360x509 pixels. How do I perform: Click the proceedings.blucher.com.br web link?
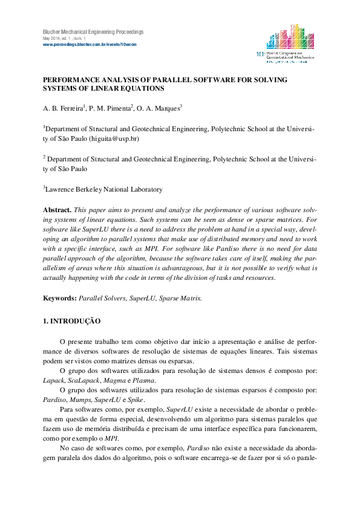click(x=90, y=44)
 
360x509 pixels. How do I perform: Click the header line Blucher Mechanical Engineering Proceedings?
click(x=93, y=31)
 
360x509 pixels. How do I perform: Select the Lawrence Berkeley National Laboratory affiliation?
click(x=104, y=189)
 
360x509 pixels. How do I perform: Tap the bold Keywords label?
click(x=59, y=299)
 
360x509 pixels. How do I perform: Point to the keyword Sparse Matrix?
click(x=180, y=299)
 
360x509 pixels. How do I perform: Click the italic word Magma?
click(x=115, y=381)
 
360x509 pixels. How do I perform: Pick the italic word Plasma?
click(x=144, y=381)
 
